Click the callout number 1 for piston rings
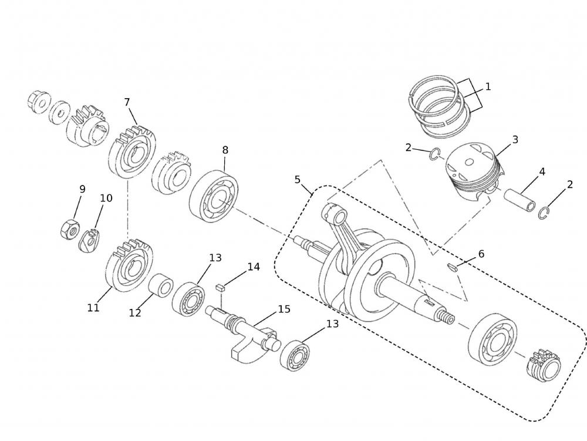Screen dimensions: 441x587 tap(487, 87)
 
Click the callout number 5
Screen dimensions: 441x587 tap(297, 179)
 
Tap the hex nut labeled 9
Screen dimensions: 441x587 tap(70, 228)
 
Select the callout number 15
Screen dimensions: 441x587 tap(284, 309)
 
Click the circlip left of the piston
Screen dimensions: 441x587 tap(433, 154)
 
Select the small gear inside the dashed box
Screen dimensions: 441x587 tap(544, 365)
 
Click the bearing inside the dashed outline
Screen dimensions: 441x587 tap(493, 340)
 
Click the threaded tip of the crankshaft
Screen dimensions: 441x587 tap(448, 318)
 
